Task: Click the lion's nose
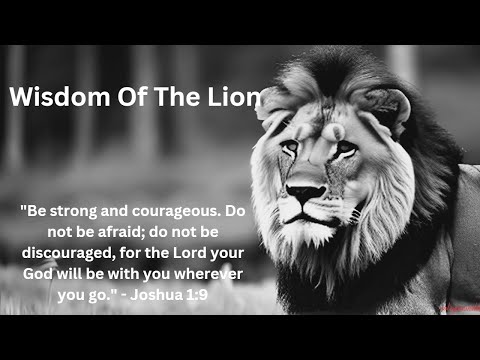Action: (x=305, y=191)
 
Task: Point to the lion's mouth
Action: (x=306, y=214)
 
